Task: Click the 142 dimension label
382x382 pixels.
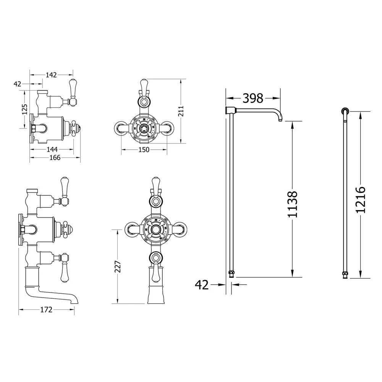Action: [51, 75]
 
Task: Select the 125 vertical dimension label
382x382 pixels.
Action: [24, 109]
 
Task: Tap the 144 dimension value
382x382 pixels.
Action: [52, 149]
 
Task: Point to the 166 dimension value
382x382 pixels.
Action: [55, 158]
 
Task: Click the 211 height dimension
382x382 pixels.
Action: [181, 111]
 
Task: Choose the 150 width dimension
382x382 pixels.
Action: [144, 150]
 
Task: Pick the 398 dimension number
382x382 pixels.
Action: [253, 98]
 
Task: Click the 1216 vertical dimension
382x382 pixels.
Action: [361, 200]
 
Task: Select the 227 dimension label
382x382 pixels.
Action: [118, 267]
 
